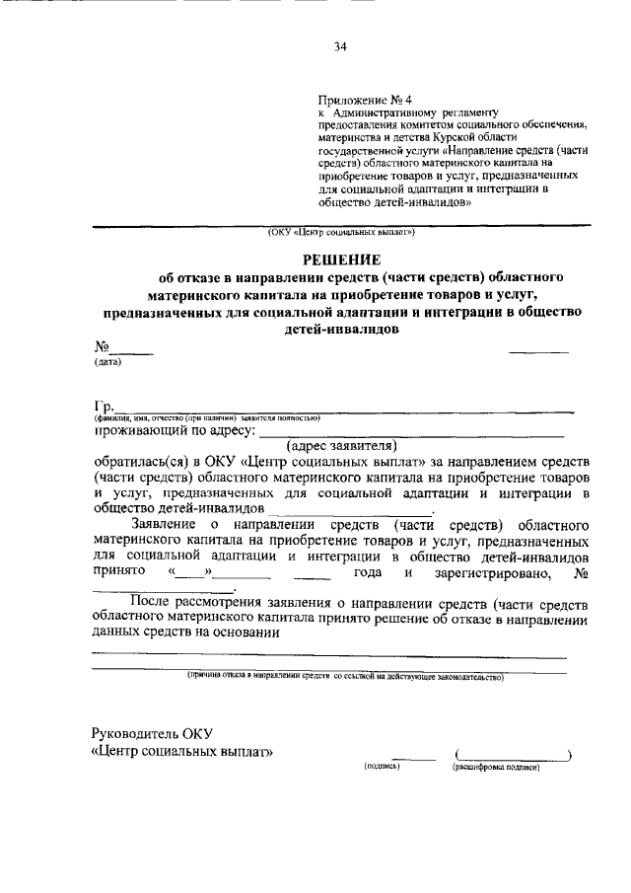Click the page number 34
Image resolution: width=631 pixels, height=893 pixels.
point(340,46)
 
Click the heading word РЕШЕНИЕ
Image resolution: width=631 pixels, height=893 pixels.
point(342,260)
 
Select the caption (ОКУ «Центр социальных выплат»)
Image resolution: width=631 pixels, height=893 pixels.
point(340,234)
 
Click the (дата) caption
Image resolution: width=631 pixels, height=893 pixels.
point(107,361)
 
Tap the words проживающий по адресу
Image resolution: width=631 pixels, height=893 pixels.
point(175,431)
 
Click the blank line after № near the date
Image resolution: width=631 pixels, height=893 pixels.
point(130,347)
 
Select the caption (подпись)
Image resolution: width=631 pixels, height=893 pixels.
point(382,766)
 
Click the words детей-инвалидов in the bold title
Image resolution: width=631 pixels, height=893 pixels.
point(340,331)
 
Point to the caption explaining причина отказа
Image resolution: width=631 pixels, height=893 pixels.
point(345,678)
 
